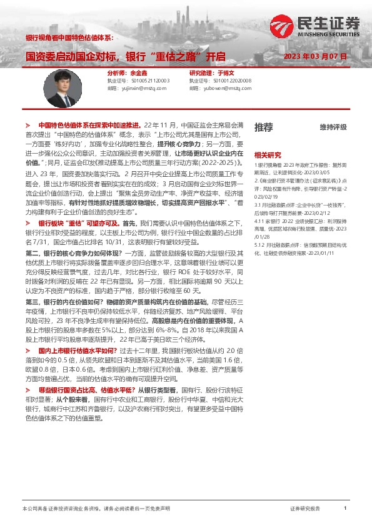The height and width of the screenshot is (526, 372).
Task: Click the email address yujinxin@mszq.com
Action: pos(144,88)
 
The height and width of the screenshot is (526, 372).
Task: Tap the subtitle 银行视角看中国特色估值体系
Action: pos(69,37)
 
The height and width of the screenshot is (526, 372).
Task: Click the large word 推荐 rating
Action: pos(263,127)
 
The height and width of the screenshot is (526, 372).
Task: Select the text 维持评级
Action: pos(333,127)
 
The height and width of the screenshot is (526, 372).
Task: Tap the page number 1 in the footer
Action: pos(345,509)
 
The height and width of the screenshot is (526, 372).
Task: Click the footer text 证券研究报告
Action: pos(305,509)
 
